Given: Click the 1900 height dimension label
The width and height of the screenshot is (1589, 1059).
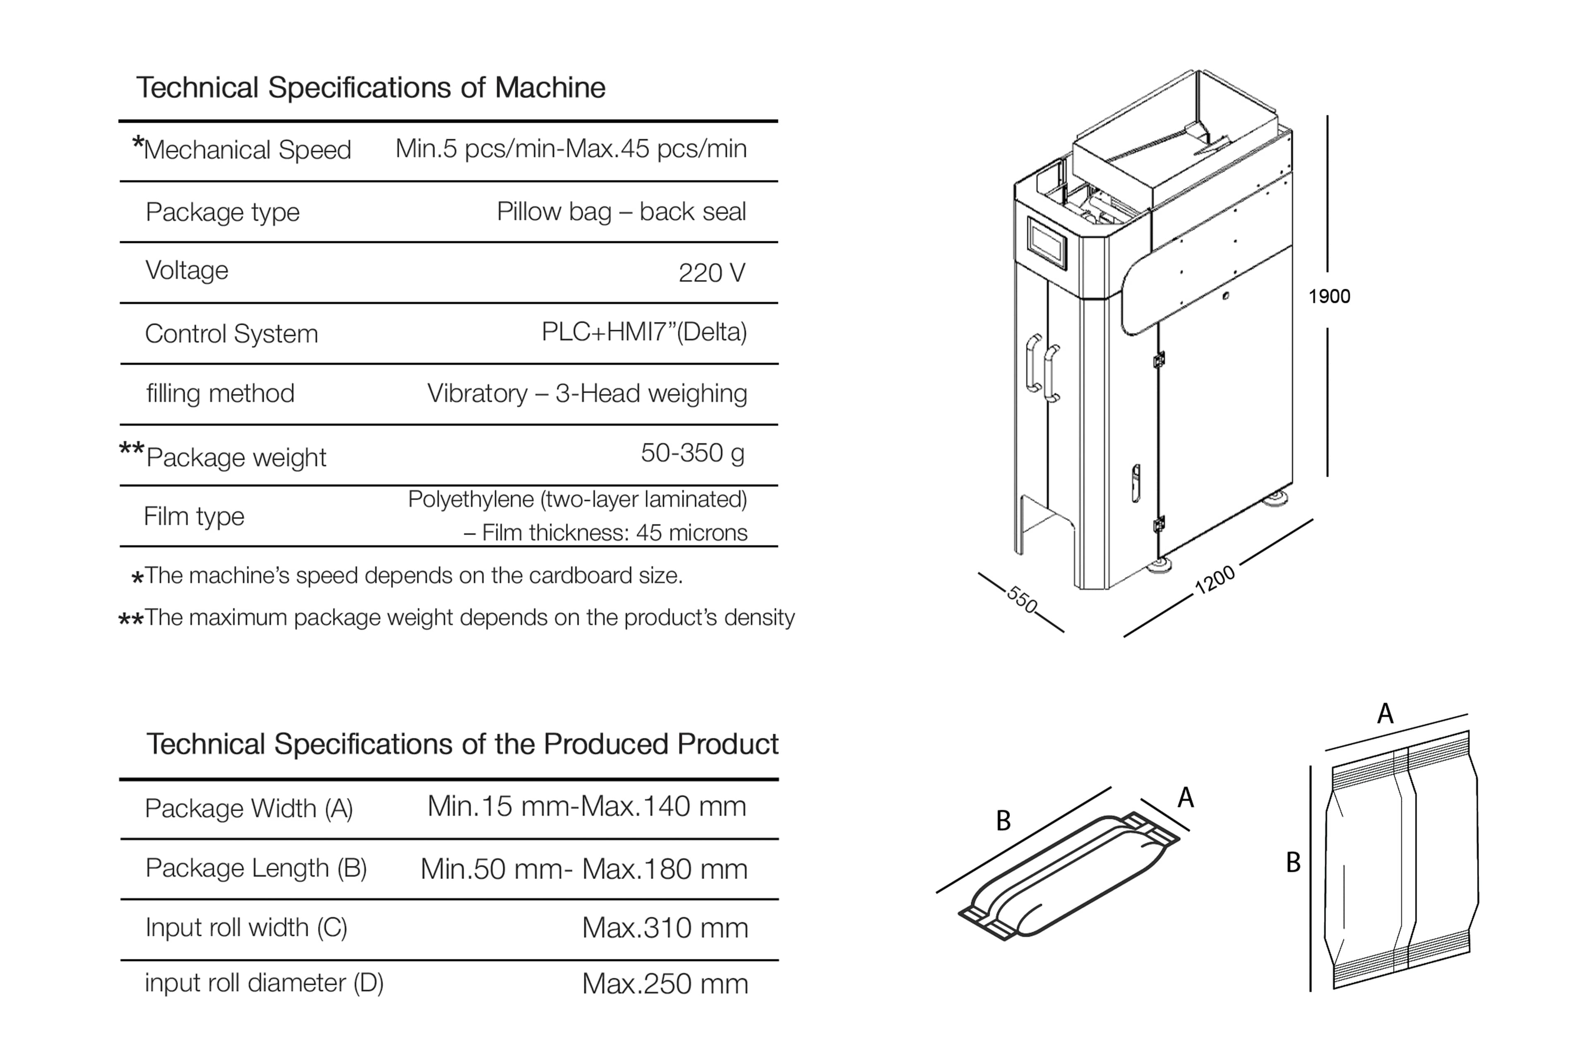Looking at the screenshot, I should click(1329, 297).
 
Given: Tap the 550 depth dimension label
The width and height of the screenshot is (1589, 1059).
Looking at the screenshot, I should click(1022, 599).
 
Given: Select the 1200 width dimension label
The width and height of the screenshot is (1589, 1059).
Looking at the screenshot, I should click(1215, 580).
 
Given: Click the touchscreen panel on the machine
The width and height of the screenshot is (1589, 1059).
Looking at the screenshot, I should click(1047, 243).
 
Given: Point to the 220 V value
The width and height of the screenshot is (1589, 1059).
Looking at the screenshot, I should click(711, 273).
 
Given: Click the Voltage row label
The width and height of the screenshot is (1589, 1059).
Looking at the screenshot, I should click(187, 270).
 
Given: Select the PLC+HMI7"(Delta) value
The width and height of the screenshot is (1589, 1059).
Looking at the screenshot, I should click(644, 332).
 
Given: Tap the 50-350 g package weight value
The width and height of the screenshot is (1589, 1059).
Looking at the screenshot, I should click(692, 453).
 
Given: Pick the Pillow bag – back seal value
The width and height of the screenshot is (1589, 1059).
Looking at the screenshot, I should click(621, 211).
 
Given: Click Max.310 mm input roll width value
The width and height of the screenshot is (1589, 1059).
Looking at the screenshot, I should click(665, 928).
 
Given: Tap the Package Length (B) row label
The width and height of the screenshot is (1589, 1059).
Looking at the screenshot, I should click(256, 868).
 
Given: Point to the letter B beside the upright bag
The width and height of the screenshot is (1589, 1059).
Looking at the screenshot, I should click(1292, 863).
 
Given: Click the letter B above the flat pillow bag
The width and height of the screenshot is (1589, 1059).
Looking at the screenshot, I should click(1003, 821).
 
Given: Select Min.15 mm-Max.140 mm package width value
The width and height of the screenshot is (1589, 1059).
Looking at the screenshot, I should click(586, 806).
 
